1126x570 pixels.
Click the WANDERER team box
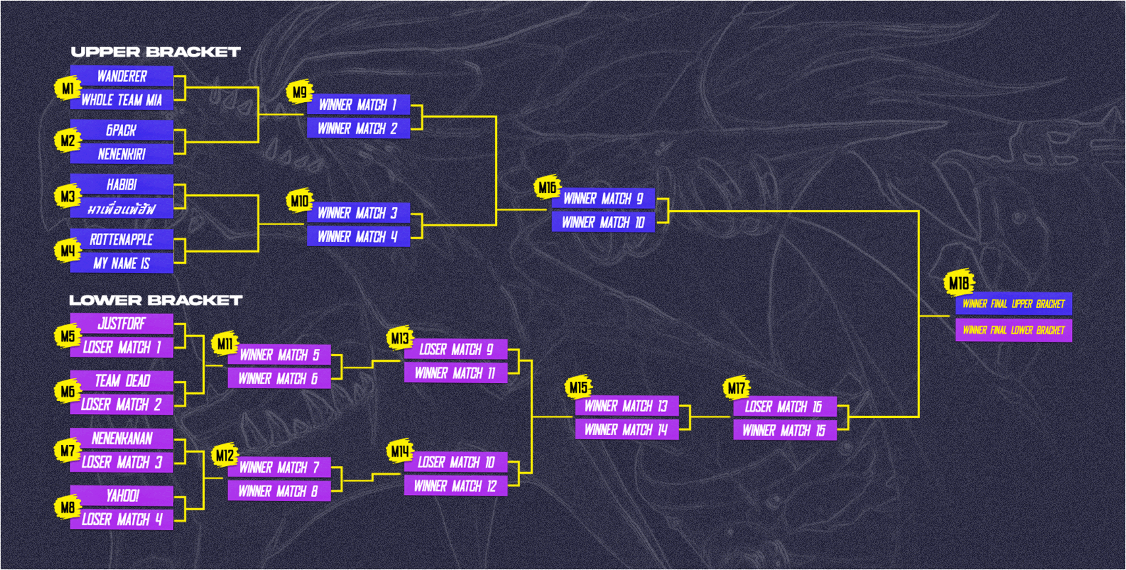click(122, 76)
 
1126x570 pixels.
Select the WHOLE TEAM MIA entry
click(122, 100)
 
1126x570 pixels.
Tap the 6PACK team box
click(122, 130)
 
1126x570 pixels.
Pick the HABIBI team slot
click(122, 185)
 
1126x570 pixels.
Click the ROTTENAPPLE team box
click(122, 240)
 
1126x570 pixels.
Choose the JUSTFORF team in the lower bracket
click(122, 324)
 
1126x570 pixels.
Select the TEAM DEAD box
click(122, 380)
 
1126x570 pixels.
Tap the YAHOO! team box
click(122, 496)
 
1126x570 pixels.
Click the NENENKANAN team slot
click(122, 438)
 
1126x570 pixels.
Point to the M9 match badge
click(300, 93)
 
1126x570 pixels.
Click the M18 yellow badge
click(958, 283)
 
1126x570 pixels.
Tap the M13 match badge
click(400, 339)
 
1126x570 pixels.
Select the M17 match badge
click(736, 388)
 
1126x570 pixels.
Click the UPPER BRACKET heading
click(155, 52)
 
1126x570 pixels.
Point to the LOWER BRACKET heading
click(155, 300)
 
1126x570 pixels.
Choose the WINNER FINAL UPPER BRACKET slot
click(1013, 304)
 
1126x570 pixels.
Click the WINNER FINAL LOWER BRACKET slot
click(1013, 330)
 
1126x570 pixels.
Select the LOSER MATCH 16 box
click(784, 407)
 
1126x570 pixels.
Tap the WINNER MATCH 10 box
click(604, 222)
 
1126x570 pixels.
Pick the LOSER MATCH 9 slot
click(456, 350)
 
